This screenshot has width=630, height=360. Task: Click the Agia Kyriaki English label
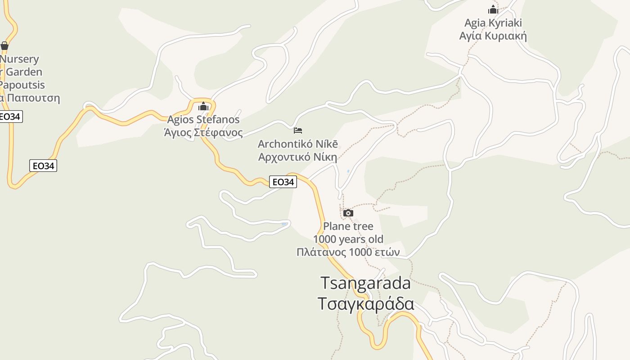(493, 23)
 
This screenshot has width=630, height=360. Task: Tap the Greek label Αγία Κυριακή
(493, 36)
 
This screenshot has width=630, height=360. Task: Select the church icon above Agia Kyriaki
(493, 9)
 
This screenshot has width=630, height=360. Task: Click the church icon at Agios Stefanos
(203, 106)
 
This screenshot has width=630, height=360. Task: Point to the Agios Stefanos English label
(203, 120)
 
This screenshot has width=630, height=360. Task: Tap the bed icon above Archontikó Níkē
(297, 130)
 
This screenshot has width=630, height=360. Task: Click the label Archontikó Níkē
(297, 144)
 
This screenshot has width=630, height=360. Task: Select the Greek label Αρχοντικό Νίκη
(297, 157)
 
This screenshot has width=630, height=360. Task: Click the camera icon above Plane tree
(348, 213)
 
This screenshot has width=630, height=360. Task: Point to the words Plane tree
(348, 226)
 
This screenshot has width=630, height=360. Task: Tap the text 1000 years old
(348, 239)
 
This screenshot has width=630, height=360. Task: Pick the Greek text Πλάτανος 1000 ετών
(348, 252)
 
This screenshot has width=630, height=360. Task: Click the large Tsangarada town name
(365, 283)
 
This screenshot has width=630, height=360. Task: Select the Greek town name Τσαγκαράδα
(365, 304)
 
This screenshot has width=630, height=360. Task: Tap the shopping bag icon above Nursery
(4, 45)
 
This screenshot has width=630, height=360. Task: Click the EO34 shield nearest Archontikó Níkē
(283, 182)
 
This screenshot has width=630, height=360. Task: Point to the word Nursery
(20, 59)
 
